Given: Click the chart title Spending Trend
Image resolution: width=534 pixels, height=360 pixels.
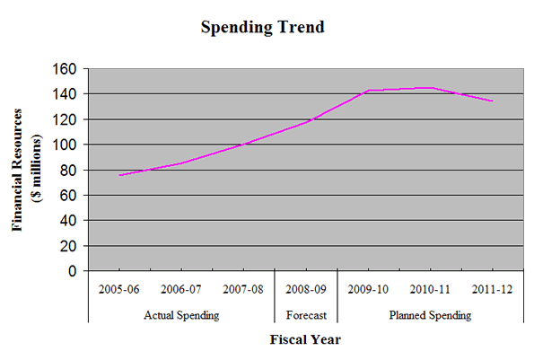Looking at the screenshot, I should (x=261, y=27).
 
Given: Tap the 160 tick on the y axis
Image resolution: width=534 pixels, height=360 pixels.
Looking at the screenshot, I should (x=67, y=69).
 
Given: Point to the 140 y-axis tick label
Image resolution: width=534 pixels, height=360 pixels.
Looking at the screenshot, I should (x=67, y=94).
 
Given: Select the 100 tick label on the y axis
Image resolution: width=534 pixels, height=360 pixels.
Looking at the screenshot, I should (x=67, y=145).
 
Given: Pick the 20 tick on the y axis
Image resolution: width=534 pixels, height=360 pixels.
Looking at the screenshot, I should (x=70, y=246).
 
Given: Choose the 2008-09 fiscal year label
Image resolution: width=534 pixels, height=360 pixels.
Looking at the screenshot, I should (x=305, y=290).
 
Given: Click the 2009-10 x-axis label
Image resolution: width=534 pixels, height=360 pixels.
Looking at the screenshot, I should (x=368, y=290).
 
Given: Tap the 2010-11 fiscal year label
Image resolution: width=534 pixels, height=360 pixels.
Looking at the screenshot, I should (x=430, y=290).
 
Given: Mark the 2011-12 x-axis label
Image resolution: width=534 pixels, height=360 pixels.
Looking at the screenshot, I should (x=492, y=290).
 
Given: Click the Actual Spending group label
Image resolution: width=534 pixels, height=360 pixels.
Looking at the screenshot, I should (x=180, y=315).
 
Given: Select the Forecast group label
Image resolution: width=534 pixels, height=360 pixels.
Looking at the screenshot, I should (x=305, y=315).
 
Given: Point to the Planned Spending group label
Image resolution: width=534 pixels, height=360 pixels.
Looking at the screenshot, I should (x=430, y=315).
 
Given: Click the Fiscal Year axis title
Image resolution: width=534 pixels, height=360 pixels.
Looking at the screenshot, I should (x=305, y=340).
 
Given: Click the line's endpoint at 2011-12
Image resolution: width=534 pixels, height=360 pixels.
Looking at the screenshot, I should (x=493, y=101).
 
